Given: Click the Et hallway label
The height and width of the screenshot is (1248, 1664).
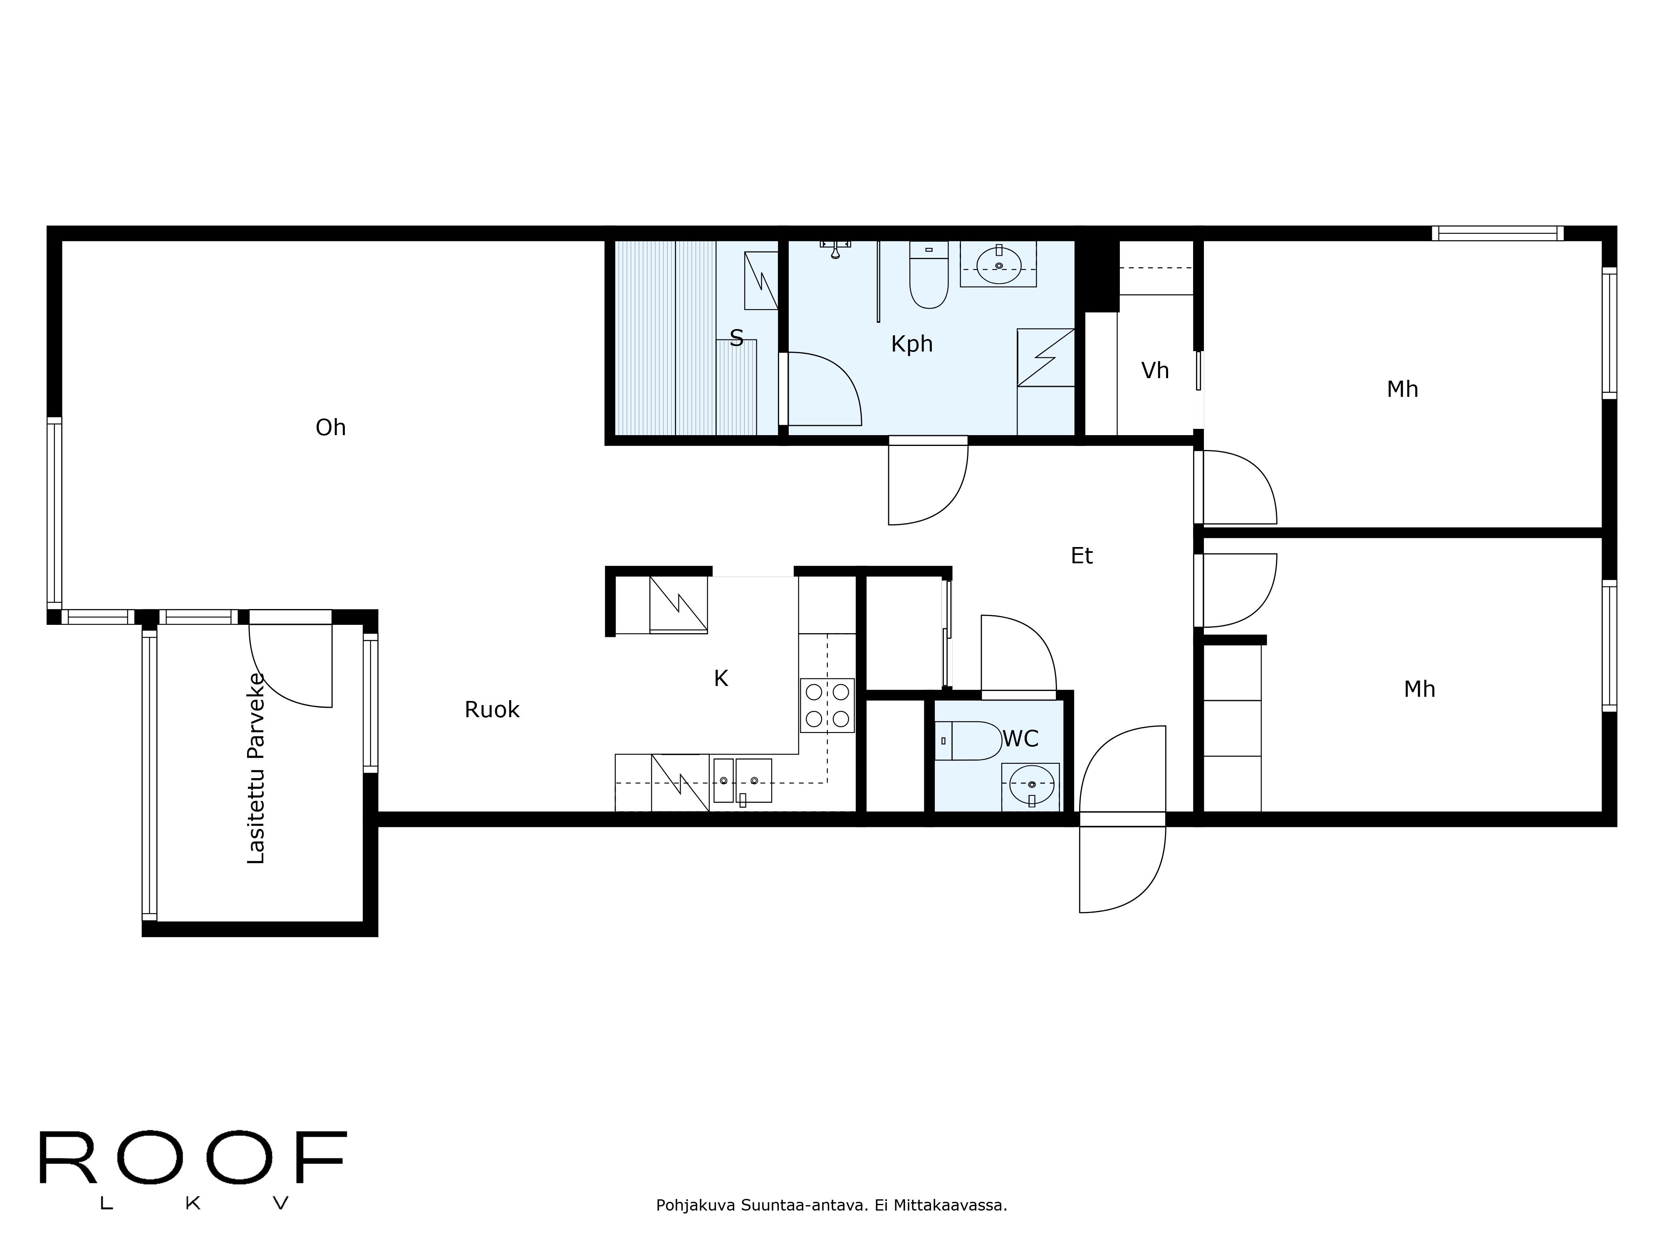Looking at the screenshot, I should click(1081, 556).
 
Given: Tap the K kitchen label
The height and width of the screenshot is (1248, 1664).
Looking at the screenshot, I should click(720, 678).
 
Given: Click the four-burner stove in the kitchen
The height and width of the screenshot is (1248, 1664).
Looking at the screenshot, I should click(827, 705).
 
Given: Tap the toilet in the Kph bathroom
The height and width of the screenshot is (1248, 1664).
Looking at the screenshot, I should click(928, 277).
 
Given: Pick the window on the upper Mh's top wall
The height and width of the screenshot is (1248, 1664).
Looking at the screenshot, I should click(1497, 233).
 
